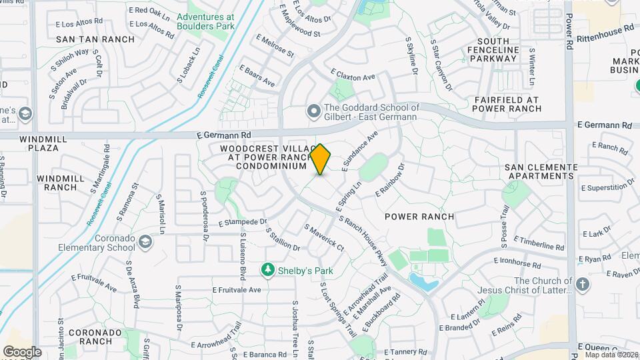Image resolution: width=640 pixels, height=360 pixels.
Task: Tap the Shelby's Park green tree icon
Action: click(268, 269)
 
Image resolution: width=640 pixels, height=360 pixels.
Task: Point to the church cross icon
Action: click(583, 285)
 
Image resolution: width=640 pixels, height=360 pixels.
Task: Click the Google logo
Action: click(22, 352)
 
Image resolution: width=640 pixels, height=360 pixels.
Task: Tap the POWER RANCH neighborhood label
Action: click(420, 217)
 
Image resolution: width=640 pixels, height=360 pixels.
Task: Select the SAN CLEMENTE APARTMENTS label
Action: click(540, 171)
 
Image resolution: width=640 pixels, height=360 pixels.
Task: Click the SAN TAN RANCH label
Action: click(86, 40)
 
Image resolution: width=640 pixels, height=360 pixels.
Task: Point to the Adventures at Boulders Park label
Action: click(207, 21)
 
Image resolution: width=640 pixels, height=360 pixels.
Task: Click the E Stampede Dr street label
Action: click(242, 221)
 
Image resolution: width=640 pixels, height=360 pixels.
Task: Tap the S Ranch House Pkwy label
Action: click(363, 239)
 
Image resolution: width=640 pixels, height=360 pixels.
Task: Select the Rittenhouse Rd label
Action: click(605, 31)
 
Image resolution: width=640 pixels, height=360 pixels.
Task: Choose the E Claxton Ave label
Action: click(353, 75)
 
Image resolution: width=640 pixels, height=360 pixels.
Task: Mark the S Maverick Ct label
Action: click(324, 238)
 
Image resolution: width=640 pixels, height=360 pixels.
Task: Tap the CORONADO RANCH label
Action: click(90, 337)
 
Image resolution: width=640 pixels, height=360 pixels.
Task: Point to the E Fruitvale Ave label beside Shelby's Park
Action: click(237, 290)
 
